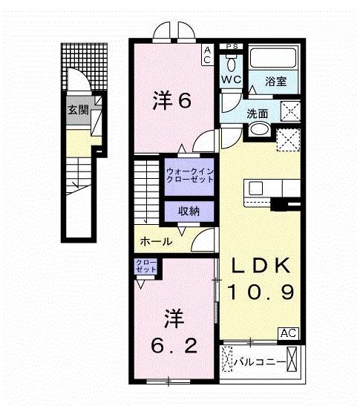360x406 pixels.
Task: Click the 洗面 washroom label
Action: (258, 114)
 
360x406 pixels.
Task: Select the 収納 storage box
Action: (189, 212)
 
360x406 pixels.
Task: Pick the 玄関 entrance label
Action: (76, 111)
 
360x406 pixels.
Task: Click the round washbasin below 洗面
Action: (259, 130)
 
